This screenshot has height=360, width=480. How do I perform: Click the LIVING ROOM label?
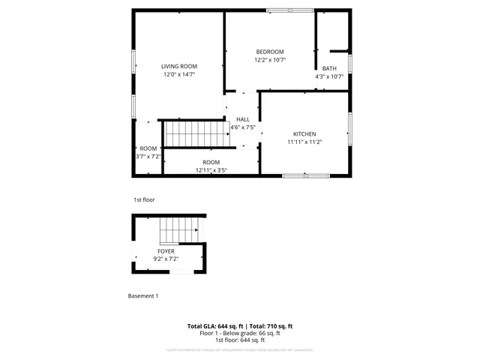[178, 67]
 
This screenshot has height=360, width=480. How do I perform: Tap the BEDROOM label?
[270, 52]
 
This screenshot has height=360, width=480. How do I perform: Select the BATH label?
[329, 68]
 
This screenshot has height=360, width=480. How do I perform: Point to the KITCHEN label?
[304, 133]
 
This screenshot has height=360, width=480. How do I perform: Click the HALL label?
[243, 119]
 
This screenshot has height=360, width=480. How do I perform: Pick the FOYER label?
[166, 250]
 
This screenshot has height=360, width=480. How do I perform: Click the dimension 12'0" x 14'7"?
[178, 75]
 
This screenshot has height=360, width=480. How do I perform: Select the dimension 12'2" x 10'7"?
[270, 60]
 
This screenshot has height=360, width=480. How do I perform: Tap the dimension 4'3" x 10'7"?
[329, 76]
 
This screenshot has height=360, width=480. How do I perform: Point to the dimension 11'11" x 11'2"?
[304, 142]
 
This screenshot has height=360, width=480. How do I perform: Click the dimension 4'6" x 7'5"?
[243, 127]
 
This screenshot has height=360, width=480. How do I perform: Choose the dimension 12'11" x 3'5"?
[211, 170]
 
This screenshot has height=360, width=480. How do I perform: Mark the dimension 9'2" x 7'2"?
[166, 259]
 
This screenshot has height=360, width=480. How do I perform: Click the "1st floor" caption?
[144, 200]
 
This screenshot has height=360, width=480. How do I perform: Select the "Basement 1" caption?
[143, 296]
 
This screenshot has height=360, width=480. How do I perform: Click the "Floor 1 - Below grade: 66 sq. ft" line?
[239, 333]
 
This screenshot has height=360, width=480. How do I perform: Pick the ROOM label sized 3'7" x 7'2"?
[148, 148]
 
